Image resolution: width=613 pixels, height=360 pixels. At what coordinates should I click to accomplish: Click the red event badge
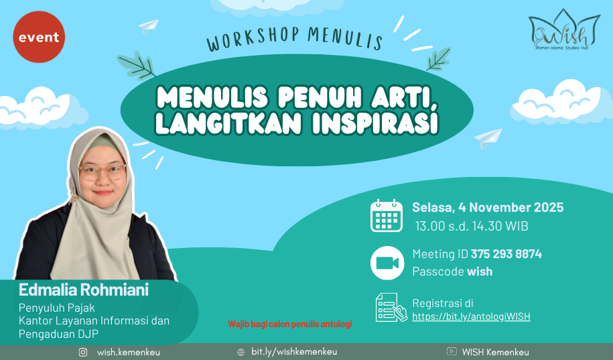pos(39,37)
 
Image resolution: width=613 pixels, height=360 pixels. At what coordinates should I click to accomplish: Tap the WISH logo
pos(564,30)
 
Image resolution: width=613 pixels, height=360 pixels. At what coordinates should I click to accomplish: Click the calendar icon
pos(387,216)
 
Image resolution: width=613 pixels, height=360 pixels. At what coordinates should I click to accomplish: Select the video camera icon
pos(387,263)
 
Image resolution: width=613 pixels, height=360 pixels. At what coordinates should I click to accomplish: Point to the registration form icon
pos(391,308)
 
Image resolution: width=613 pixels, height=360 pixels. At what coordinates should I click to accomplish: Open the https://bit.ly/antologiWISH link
pos(471,316)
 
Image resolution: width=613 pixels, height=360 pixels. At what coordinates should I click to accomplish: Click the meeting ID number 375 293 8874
pos(506,254)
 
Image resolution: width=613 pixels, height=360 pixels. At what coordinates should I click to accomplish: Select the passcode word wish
pos(480,272)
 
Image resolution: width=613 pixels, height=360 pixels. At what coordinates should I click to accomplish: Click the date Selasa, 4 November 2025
pos(488,207)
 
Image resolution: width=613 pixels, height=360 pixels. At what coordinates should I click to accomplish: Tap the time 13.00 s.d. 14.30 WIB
pos(472,226)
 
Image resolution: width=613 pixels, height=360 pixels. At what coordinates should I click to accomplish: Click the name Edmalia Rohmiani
pos(84,290)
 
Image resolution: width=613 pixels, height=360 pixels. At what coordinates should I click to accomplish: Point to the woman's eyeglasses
pos(102,172)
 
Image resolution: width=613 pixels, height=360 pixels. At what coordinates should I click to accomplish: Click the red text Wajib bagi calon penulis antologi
pos(289,324)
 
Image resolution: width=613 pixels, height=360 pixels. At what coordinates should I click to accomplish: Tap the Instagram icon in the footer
pos(83,352)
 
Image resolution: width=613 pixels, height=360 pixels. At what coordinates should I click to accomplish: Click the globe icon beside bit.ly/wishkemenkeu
pos(241,352)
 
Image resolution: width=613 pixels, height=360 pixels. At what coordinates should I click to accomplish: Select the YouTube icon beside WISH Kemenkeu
pos(452,351)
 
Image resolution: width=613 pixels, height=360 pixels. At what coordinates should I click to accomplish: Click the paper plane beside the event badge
pos(149,26)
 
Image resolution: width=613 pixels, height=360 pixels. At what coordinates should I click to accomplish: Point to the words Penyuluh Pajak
pos(57,308)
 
